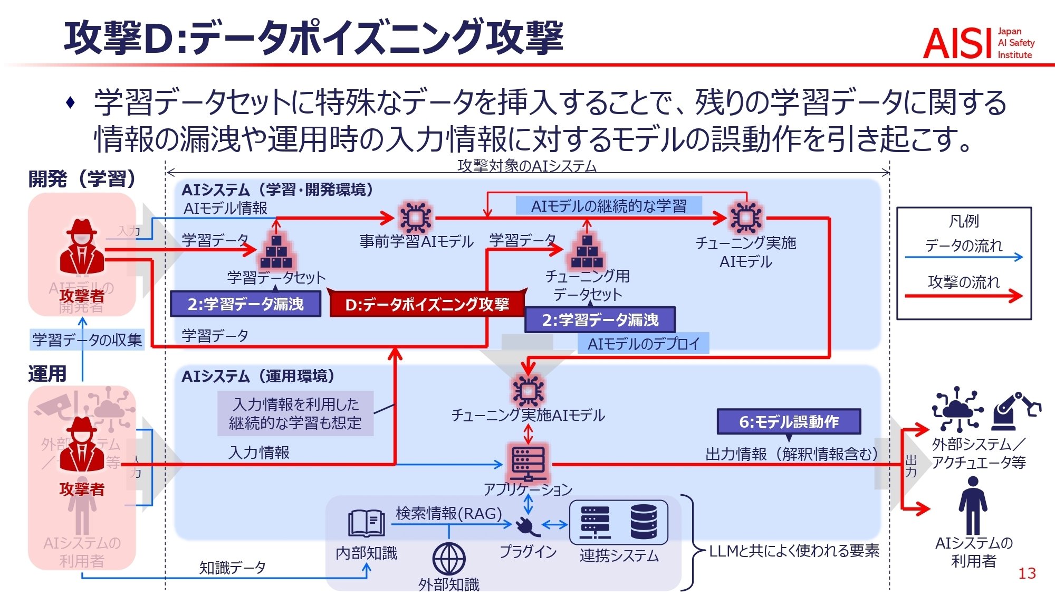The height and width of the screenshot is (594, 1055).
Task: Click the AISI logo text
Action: (x=955, y=43)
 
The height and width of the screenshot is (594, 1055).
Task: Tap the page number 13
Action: (x=1027, y=573)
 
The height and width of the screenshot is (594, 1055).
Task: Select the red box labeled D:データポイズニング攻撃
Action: (x=427, y=305)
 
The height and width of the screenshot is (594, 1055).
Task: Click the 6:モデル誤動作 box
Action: (x=789, y=422)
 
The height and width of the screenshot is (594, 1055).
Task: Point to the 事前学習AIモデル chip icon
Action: (x=416, y=217)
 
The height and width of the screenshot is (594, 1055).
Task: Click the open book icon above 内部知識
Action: (x=366, y=522)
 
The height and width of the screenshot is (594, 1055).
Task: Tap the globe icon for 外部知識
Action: (x=449, y=559)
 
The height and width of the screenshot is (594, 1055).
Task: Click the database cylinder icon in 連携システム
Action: (x=644, y=522)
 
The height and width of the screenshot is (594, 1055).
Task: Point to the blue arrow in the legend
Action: (x=964, y=258)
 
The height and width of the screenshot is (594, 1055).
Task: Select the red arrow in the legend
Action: (x=964, y=296)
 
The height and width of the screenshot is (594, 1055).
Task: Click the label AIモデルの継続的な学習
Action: (x=609, y=206)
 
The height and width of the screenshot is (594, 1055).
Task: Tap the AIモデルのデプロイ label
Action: (x=643, y=344)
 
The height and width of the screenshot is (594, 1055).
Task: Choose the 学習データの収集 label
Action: (x=87, y=340)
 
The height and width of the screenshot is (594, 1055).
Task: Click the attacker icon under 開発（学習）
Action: (x=82, y=247)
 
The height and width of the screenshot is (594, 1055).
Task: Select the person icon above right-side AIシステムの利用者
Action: (x=973, y=505)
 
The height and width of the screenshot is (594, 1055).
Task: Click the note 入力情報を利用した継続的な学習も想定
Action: (x=295, y=413)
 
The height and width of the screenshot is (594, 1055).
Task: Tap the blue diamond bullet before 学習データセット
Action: (x=71, y=102)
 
